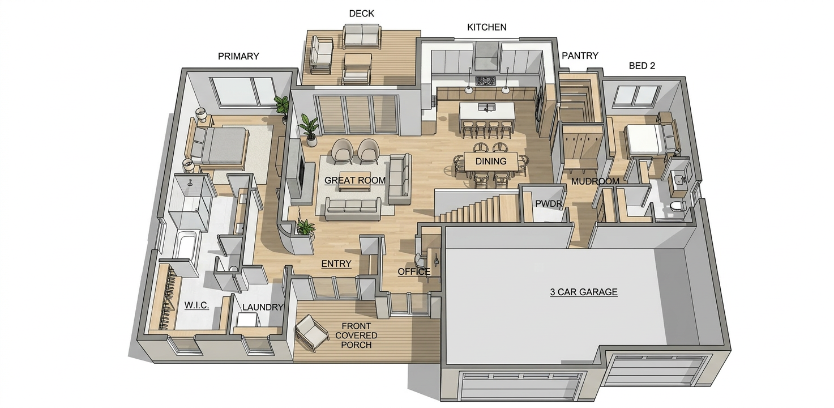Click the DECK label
361,14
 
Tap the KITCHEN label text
486,27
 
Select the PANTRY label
580,56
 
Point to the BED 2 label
641,66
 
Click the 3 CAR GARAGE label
583,292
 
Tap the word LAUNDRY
263,307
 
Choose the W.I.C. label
196,305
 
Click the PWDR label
549,204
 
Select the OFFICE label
414,272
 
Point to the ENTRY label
336,264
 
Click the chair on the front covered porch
312,333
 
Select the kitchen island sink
486,107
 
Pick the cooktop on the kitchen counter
485,80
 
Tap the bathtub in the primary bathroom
185,245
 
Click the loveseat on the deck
362,36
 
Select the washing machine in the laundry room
247,320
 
